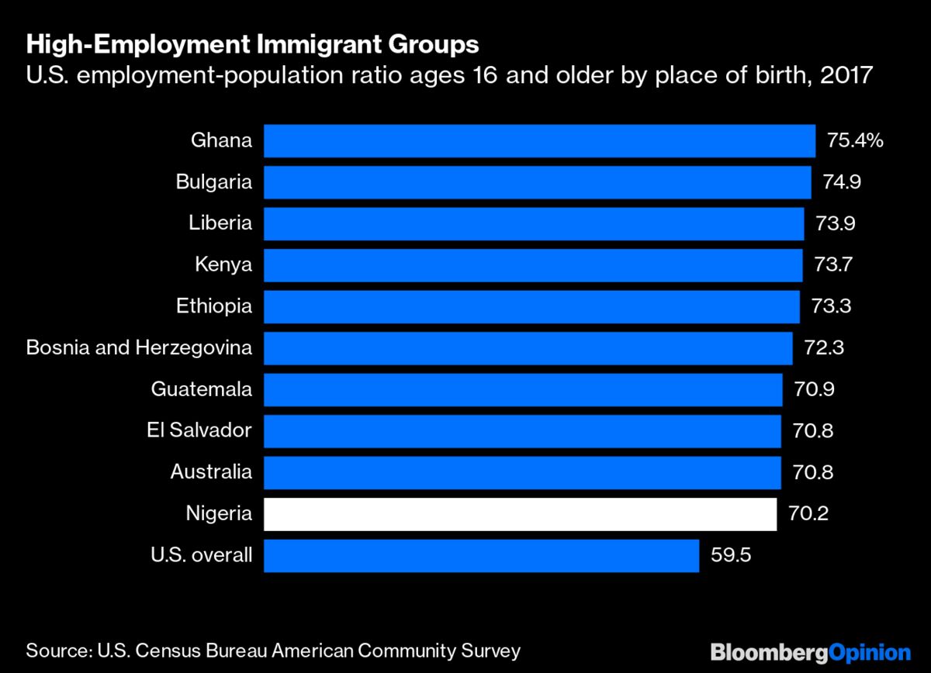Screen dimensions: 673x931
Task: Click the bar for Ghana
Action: click(x=539, y=141)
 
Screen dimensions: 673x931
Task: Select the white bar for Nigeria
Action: click(x=520, y=514)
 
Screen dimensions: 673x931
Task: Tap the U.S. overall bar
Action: click(x=481, y=556)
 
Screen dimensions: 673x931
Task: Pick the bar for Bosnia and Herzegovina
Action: click(x=528, y=348)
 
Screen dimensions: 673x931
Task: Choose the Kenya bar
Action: click(x=533, y=265)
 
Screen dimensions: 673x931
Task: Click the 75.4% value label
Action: click(x=856, y=141)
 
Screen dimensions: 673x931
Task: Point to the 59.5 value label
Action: click(x=731, y=556)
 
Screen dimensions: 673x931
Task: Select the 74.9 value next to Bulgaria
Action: click(x=842, y=182)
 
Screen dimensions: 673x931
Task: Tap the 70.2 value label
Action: click(x=808, y=514)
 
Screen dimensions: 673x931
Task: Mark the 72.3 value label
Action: click(x=825, y=348)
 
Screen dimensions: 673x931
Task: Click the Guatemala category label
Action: click(x=202, y=389)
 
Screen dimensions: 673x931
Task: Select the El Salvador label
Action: click(x=199, y=430)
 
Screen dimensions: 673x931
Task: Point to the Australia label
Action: click(x=211, y=472)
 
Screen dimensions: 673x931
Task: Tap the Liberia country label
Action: click(x=220, y=223)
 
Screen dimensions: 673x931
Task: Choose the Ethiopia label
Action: click(x=214, y=306)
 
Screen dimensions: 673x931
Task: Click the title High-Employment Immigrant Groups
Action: click(x=252, y=46)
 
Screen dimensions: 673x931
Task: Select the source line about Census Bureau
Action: click(x=273, y=650)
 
